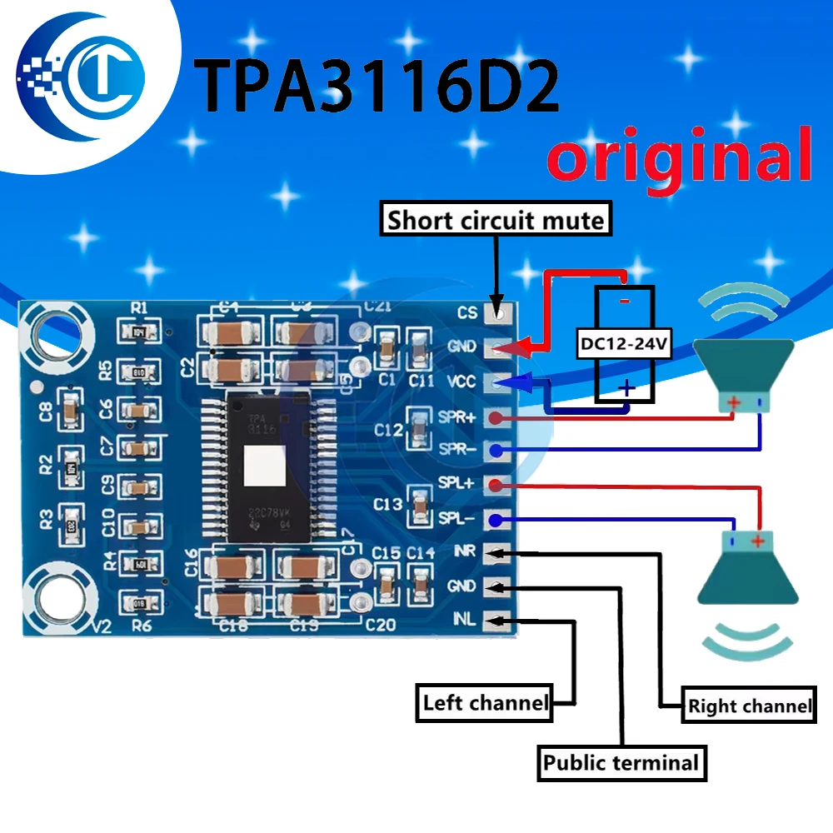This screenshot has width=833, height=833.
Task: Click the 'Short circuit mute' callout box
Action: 495,221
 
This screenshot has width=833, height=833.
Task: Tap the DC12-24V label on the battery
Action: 625,343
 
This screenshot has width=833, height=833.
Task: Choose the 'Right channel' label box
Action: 748,706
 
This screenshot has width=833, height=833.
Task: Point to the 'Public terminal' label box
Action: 621,763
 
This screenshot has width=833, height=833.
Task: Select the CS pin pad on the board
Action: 499,313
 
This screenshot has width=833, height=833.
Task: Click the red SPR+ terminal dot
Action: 497,418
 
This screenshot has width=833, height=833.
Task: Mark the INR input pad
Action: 497,551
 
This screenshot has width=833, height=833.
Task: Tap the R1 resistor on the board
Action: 139,332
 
